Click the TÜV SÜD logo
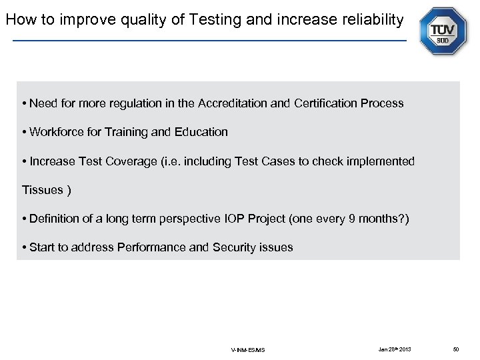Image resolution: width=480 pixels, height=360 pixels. click(x=443, y=31)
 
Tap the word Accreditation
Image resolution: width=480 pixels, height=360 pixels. click(x=233, y=103)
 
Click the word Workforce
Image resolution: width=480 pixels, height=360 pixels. click(x=55, y=132)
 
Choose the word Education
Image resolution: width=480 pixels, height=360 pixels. click(x=201, y=132)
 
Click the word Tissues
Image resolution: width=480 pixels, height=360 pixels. click(x=42, y=190)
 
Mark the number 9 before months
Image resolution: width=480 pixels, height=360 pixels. click(x=352, y=219)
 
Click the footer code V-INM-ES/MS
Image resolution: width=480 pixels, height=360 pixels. click(x=248, y=350)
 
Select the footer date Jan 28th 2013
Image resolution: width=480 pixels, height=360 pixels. click(x=395, y=349)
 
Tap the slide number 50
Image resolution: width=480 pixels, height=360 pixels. click(x=456, y=349)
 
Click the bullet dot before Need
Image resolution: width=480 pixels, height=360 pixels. click(x=25, y=104)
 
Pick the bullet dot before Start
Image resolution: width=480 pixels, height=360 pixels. click(x=25, y=248)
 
